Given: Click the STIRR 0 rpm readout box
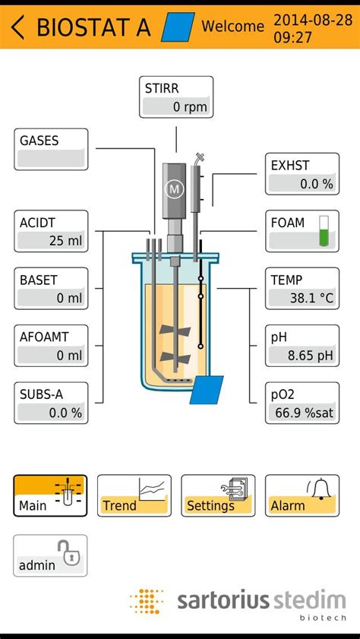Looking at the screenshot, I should pos(176,96).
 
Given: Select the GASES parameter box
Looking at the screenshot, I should pos(51,149).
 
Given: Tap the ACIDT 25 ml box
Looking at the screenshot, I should pos(51,231).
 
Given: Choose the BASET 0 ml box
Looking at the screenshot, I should pos(51,288).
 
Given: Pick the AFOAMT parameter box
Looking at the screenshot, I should pos(51,346).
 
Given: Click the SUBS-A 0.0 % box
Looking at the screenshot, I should pos(51,403).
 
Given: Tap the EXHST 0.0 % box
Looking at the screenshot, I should pos(302,174).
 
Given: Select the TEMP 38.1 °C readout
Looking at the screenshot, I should pos(302,288).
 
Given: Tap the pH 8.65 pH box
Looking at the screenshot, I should pos(302,346).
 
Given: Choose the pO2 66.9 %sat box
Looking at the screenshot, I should pos(302,403).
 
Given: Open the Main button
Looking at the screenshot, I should pos(50,495).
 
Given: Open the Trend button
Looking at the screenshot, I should pos(134,495).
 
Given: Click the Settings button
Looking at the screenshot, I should pos(218,495).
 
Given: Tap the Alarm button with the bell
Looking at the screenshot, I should pos(302,495).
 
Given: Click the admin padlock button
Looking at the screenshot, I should pos(50,555).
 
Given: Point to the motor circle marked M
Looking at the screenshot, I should pos(175,188).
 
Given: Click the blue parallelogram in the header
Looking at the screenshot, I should pos(178,27).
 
